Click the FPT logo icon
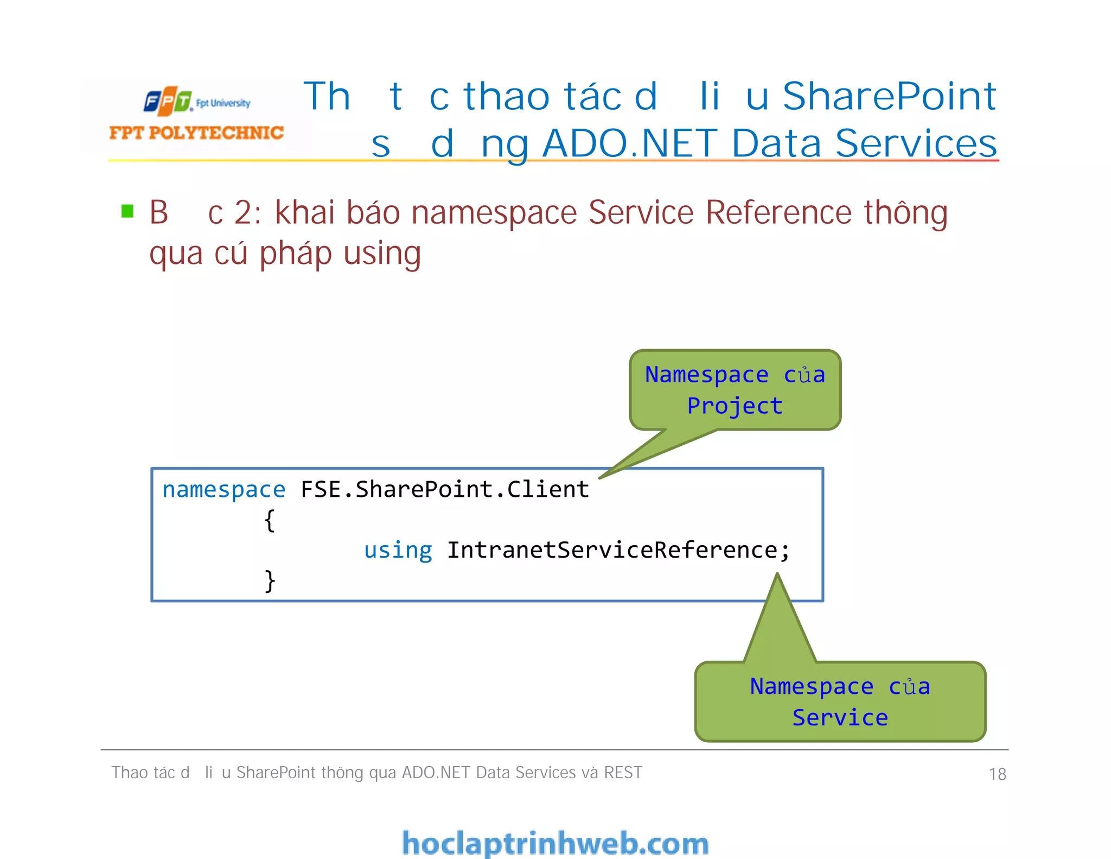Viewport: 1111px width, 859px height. click(x=168, y=101)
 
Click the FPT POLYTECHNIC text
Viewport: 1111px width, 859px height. click(x=196, y=133)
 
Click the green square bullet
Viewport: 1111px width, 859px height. click(x=127, y=211)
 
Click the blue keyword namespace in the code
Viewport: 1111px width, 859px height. click(x=224, y=490)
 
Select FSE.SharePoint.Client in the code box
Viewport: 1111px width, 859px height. click(x=445, y=490)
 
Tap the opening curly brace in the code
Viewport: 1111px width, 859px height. click(x=270, y=521)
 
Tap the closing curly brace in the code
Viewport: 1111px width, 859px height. click(x=270, y=581)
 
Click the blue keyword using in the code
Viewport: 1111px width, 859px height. click(x=398, y=551)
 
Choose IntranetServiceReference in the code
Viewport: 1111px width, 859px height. click(x=613, y=551)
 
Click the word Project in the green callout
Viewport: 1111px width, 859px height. click(x=735, y=406)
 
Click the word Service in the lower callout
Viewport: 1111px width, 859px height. click(x=840, y=718)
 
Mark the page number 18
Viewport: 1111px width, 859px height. click(x=997, y=774)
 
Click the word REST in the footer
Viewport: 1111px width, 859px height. click(x=623, y=773)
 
